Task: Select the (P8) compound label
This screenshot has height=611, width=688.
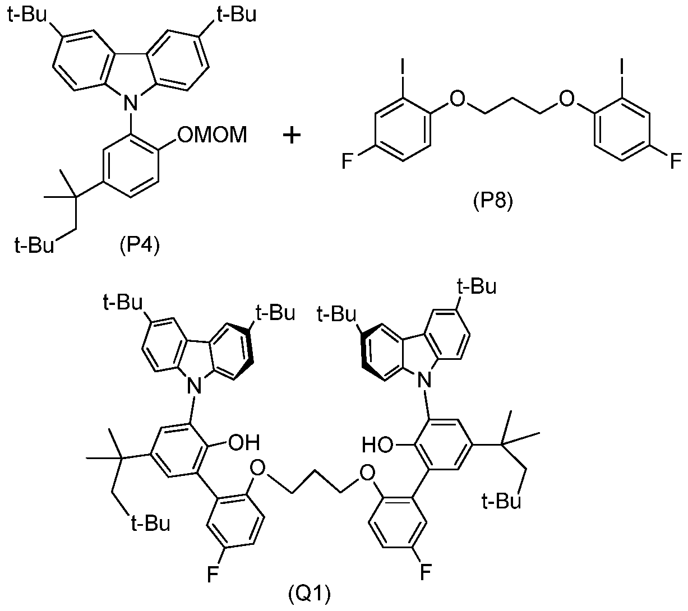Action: (493, 201)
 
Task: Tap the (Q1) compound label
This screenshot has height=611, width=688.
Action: (309, 594)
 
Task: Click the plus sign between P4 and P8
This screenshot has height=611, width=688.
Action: (292, 136)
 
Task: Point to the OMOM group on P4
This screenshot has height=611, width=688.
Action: (213, 135)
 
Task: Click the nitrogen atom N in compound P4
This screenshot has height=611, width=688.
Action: (131, 103)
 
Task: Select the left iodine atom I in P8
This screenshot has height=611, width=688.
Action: (403, 67)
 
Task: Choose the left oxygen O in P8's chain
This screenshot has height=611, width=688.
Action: (457, 99)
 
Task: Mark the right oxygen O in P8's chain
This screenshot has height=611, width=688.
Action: (567, 99)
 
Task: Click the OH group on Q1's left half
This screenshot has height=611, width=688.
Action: (244, 443)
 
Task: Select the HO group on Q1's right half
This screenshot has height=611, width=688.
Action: (377, 445)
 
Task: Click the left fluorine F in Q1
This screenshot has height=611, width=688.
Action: (213, 575)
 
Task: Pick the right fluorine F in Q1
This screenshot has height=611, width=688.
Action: (426, 573)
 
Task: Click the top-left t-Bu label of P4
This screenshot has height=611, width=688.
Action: (27, 15)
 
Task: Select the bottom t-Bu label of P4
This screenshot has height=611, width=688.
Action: (34, 245)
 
